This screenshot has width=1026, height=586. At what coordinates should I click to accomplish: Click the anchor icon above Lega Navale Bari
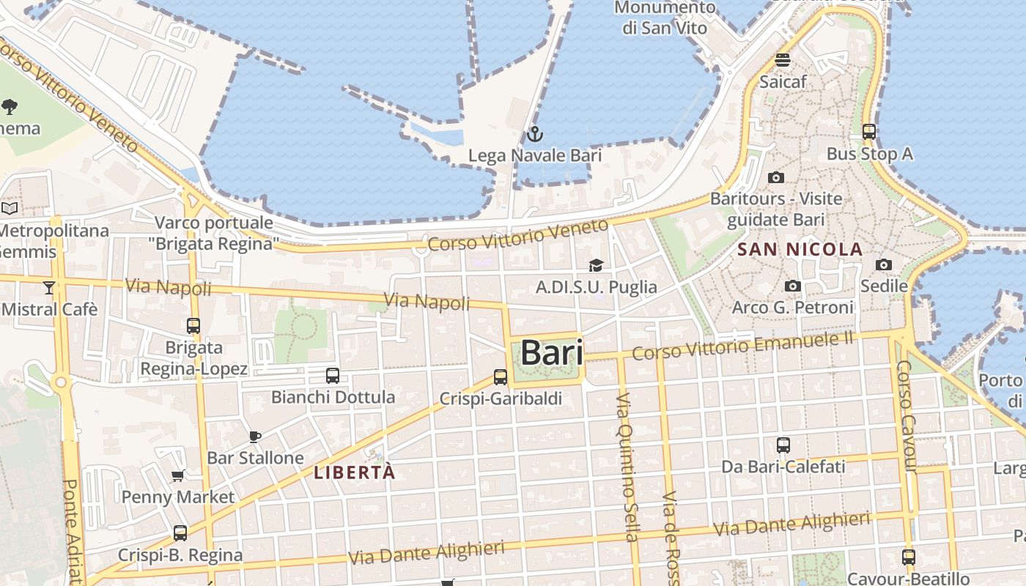[x=534, y=134]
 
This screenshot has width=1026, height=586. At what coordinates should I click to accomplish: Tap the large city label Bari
[x=552, y=353]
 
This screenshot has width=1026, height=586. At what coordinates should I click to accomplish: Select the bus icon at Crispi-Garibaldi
[x=501, y=377]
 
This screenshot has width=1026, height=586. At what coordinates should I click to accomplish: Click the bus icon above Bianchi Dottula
[x=333, y=376]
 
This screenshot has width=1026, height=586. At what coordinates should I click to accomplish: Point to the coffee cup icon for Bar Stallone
[x=254, y=437]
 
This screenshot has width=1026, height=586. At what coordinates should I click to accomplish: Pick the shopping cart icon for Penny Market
[x=177, y=476]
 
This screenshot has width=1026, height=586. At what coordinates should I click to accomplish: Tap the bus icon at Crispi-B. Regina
[x=180, y=533]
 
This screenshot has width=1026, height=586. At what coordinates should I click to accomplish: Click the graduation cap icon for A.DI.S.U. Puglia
[x=596, y=265]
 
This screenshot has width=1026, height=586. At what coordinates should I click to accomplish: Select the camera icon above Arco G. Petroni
[x=792, y=286]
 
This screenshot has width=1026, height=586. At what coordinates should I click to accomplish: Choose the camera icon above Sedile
[x=884, y=264]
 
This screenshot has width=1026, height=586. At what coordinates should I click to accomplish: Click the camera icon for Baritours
[x=776, y=177]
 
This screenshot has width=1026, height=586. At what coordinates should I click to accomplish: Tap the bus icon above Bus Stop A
[x=869, y=132]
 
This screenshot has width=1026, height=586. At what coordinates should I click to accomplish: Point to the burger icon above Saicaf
[x=783, y=60]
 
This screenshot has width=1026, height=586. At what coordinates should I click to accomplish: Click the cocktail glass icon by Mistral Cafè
[x=49, y=288]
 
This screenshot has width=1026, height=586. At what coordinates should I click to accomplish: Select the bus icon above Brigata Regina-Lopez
[x=193, y=326]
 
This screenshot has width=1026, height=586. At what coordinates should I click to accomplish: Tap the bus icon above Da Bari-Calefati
[x=783, y=445]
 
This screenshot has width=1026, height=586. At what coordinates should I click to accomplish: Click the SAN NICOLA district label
[x=800, y=250]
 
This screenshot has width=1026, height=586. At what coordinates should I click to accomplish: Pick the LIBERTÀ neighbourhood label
[x=355, y=473]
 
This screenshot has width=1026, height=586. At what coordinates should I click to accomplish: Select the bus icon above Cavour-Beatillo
[x=909, y=557]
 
